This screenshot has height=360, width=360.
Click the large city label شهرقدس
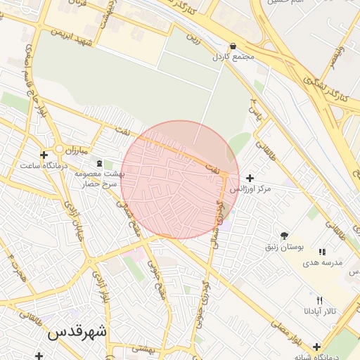click(x=77, y=333)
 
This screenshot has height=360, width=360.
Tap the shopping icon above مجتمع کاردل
click(x=233, y=46)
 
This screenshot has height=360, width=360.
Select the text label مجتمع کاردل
click(x=233, y=57)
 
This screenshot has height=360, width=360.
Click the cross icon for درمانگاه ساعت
click(x=44, y=155)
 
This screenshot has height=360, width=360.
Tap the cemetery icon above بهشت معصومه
click(x=98, y=162)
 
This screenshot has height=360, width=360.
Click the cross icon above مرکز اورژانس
click(x=250, y=178)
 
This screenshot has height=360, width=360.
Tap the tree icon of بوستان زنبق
click(x=284, y=236)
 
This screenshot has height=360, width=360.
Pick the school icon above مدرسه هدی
click(x=322, y=252)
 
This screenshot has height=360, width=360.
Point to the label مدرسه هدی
click(x=322, y=262)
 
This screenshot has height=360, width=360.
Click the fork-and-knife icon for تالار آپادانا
click(x=320, y=300)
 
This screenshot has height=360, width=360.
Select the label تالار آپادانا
click(x=320, y=310)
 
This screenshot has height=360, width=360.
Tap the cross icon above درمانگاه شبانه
click(x=317, y=347)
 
